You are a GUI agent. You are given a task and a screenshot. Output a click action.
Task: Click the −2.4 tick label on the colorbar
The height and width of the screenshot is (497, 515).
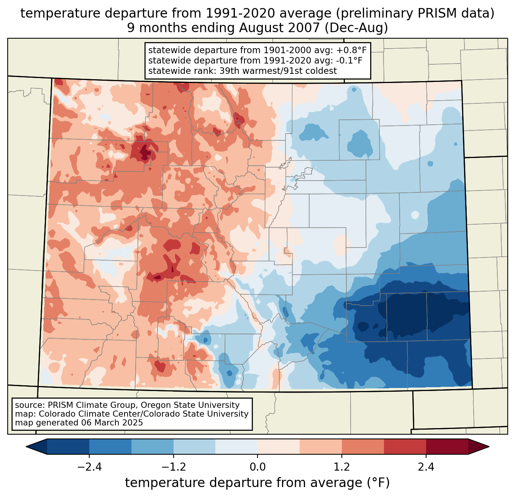coord(89,467)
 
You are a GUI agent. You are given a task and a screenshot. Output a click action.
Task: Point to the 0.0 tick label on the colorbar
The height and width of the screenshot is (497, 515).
coord(257,467)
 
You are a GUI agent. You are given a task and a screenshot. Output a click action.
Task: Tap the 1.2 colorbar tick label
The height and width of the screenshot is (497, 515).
coord(342,467)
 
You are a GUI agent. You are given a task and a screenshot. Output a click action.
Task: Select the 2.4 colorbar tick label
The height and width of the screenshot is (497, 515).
coord(426,467)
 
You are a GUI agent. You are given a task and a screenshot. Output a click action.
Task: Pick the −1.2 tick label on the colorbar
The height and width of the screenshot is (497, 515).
coord(173,467)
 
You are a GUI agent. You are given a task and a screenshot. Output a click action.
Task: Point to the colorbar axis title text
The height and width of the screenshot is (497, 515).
coord(257,482)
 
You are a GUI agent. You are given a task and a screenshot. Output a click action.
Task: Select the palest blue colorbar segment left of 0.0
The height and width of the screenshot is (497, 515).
coord(236,446)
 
